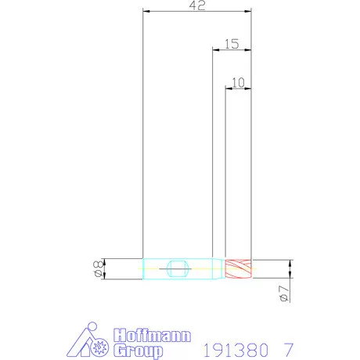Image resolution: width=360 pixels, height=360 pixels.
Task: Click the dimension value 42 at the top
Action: click(197, 5)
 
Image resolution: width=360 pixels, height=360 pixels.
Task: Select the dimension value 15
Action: click(232, 44)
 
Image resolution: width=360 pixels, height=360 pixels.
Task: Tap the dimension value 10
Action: click(238, 83)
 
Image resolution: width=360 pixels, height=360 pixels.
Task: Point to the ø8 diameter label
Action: click(98, 268)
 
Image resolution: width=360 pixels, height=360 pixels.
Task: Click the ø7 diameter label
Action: click(284, 293)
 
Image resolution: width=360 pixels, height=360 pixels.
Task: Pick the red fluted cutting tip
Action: click(239, 268)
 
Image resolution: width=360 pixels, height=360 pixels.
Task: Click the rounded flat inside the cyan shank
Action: click(178, 268)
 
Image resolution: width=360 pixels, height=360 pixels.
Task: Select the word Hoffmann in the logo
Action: click(153, 335)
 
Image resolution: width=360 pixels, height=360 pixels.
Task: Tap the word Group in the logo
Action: click(139, 350)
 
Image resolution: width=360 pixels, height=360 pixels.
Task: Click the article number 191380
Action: click(236, 350)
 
